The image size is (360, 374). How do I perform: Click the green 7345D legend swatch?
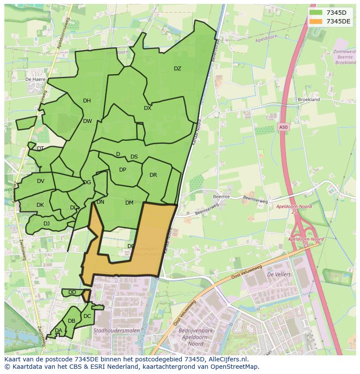316,13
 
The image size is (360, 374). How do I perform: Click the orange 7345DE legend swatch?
316,21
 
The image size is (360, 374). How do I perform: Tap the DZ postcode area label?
177,69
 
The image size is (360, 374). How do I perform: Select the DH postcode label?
87,101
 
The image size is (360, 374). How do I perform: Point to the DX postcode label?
148,108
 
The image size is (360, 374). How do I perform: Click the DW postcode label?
87,121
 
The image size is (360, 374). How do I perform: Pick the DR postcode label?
153,175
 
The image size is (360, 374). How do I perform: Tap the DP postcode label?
123,170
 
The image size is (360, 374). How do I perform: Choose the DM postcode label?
129,203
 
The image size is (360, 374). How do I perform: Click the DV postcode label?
40,181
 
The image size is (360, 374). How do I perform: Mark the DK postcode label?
40,205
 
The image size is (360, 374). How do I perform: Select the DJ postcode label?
47,224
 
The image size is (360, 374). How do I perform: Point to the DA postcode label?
58,331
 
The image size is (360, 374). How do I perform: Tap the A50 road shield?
283,127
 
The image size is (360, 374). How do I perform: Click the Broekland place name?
309,99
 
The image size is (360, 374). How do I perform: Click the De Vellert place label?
279,275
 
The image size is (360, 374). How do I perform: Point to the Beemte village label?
222,197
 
